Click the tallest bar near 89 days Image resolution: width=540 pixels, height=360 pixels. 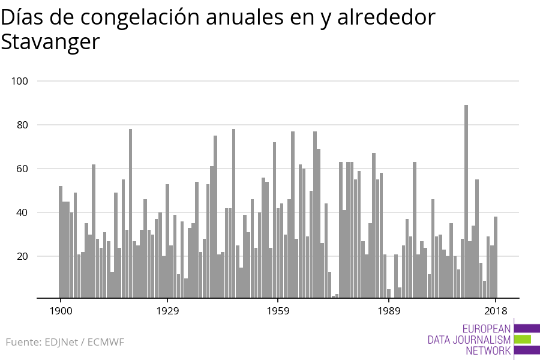466,201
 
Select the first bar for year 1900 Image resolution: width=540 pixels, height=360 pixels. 61,242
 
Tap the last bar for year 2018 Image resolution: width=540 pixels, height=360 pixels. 496,257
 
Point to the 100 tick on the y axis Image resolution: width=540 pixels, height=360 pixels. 20,82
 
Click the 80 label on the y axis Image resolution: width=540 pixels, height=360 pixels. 22,125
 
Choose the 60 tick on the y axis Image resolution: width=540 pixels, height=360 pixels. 22,169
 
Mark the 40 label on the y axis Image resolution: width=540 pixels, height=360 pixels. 22,212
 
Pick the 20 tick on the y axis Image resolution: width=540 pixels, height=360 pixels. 22,256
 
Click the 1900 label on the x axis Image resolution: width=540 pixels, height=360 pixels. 61,311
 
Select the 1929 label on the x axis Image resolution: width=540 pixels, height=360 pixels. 168,311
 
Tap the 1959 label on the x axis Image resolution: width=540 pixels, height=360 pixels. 278,311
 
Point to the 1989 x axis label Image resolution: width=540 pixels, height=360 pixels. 389,311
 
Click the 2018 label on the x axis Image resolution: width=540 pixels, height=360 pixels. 496,311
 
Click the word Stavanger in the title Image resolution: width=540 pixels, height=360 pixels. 50,43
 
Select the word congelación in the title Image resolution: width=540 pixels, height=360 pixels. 140,18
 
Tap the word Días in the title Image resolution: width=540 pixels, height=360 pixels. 22,17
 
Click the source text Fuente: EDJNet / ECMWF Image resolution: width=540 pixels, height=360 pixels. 65,342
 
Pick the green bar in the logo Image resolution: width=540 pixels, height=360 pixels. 523,340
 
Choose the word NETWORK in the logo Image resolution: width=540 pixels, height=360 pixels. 488,350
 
